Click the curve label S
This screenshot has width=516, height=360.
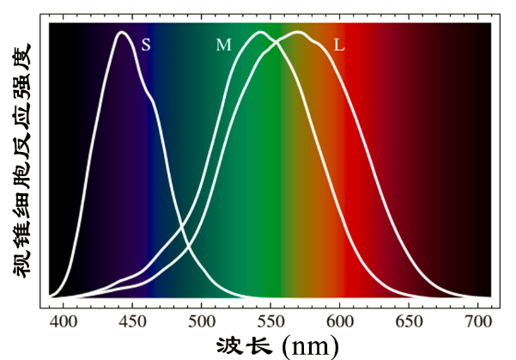(x=146, y=45)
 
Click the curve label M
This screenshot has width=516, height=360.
(x=223, y=45)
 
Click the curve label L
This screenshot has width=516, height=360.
(x=339, y=45)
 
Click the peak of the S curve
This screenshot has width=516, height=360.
(x=122, y=33)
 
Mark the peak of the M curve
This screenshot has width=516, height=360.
(x=259, y=33)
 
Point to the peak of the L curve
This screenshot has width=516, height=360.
(x=298, y=33)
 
